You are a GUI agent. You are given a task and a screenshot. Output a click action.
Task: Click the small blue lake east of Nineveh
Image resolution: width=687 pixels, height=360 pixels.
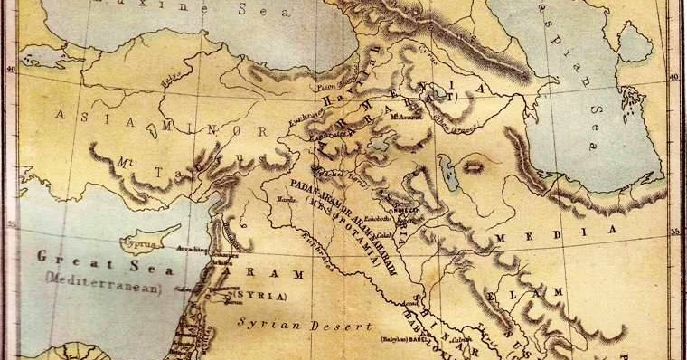pos(447,166)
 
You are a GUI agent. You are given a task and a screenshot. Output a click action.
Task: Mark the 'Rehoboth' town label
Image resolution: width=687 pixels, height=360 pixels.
pos(380,218)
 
